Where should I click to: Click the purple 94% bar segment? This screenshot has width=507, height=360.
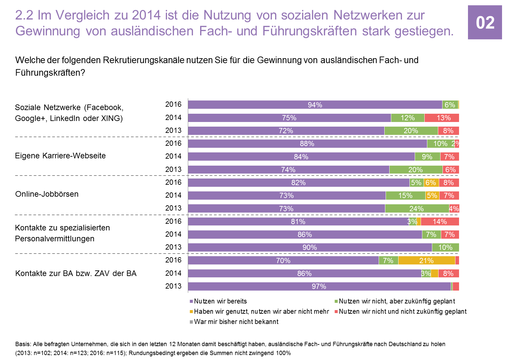[x=315, y=105]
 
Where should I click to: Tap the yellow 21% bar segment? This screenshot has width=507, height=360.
[x=427, y=260]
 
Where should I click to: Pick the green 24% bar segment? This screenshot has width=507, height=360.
[x=417, y=209]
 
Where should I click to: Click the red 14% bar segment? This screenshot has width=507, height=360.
[x=440, y=221]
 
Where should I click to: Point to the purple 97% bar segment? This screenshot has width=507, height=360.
[x=319, y=286]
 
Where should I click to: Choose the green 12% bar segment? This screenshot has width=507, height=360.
[x=407, y=118]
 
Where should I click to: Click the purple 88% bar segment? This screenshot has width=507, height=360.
[x=307, y=144]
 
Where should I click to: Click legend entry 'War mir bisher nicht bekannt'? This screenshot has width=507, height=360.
[x=236, y=322]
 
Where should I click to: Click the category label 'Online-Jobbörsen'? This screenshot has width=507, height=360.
[x=47, y=194]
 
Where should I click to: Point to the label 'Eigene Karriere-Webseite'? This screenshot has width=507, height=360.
[x=61, y=156]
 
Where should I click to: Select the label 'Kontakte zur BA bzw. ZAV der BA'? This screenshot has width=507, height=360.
[x=76, y=273]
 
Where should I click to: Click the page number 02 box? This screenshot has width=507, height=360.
[x=485, y=22]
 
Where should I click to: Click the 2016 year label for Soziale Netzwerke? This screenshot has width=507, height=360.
[x=173, y=104]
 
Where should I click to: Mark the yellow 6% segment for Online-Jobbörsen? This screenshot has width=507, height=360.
[x=431, y=182]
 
